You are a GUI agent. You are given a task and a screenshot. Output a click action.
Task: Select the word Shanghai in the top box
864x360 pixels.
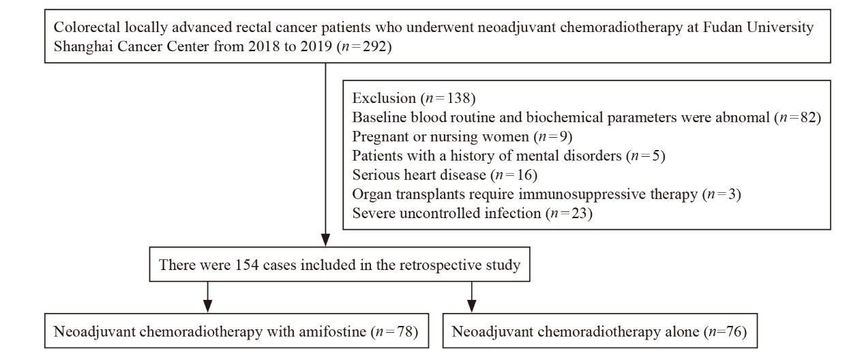point(83,46)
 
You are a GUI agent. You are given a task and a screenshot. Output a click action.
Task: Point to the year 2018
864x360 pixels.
point(263,46)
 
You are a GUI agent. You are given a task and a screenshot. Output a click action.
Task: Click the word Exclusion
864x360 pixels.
point(384,98)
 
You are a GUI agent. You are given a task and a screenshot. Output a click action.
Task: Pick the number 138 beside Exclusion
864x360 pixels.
point(458,98)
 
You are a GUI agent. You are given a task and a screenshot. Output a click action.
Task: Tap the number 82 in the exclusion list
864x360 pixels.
point(808,117)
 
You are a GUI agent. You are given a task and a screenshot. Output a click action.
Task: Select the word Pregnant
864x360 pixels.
point(381,136)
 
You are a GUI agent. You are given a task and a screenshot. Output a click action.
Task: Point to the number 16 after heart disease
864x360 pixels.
point(524,175)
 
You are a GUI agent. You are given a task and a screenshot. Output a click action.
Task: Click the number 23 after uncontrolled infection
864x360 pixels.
point(579,213)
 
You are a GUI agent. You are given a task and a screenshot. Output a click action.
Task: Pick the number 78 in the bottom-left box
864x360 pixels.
point(404,331)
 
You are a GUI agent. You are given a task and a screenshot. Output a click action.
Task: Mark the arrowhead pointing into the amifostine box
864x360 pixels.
point(208,305)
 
